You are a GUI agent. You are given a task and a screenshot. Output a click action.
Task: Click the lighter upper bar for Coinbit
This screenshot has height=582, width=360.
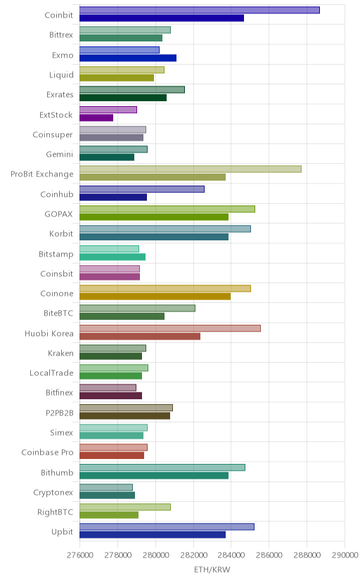click(199, 10)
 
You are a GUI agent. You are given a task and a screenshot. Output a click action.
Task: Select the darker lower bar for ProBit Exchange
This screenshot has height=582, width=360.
click(153, 177)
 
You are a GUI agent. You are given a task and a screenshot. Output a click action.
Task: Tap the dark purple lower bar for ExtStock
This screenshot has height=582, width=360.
click(96, 117)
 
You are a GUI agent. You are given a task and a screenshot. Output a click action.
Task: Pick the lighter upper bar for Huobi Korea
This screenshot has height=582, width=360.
click(170, 328)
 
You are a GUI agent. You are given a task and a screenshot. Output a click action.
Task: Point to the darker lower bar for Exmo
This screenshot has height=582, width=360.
click(128, 58)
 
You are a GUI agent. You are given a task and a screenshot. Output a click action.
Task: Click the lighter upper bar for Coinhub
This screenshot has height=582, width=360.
click(142, 189)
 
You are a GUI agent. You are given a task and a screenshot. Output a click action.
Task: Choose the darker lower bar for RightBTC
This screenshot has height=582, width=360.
click(109, 515)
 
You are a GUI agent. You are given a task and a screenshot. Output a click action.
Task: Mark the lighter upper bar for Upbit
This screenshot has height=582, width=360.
click(167, 526)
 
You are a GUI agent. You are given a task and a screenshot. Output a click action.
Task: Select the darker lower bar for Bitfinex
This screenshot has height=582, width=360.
click(110, 396)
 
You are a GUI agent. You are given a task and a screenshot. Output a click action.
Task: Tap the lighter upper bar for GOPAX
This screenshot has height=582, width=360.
click(167, 209)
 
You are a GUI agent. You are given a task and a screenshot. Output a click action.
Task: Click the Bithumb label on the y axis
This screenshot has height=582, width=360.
click(57, 472)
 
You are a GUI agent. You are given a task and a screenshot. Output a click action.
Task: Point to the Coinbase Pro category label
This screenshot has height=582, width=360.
click(48, 453)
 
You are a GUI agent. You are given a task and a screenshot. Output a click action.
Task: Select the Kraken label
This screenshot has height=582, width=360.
click(60, 353)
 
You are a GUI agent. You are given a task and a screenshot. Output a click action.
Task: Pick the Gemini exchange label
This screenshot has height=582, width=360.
click(59, 154)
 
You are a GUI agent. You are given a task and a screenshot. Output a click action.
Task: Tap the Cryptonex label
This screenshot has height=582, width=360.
click(53, 493)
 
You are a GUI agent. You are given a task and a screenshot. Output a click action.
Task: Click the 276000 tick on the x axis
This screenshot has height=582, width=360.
click(79, 555)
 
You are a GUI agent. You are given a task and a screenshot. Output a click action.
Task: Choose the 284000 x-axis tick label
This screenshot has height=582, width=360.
click(231, 555)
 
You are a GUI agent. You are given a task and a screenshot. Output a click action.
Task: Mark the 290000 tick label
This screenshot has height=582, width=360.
click(345, 555)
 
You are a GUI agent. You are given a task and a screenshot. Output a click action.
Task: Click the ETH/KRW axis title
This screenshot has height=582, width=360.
click(212, 570)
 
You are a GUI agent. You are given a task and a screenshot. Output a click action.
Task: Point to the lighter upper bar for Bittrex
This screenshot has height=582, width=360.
click(125, 30)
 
